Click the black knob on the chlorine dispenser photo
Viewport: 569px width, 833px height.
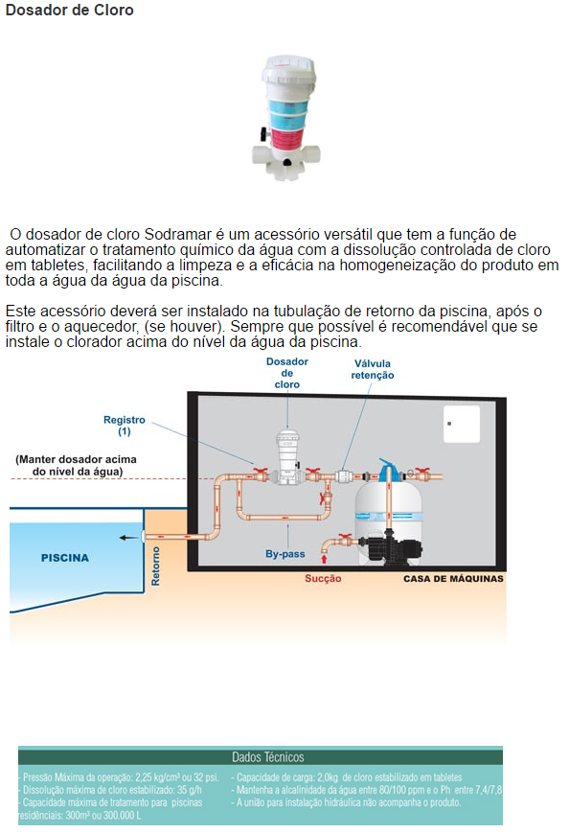click(262, 132)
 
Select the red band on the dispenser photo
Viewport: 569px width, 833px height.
click(287, 134)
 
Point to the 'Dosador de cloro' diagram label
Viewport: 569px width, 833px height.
click(287, 373)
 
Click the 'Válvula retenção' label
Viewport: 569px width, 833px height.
click(372, 369)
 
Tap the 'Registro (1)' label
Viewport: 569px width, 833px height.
click(125, 426)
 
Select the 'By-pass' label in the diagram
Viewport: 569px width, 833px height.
click(285, 554)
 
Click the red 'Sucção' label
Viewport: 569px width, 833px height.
click(323, 579)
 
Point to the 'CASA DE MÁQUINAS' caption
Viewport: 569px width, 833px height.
click(453, 579)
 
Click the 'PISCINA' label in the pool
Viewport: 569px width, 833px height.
click(65, 558)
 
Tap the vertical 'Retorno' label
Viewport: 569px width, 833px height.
click(155, 567)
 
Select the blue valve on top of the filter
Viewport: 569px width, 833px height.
click(389, 469)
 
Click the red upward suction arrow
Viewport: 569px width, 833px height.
click(324, 558)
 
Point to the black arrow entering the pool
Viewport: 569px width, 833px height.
click(128, 538)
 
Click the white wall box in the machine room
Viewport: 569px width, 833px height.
click(462, 424)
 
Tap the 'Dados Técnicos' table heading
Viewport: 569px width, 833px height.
click(268, 756)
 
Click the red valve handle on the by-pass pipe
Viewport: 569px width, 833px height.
click(322, 498)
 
